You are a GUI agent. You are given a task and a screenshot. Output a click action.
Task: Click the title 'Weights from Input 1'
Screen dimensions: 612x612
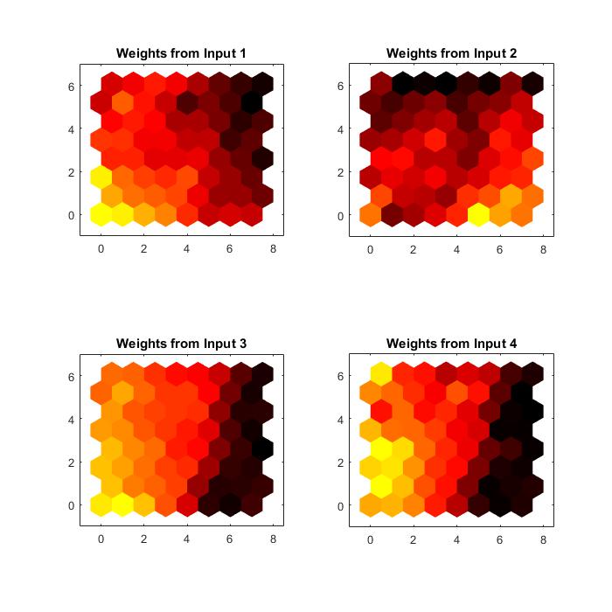(x=181, y=54)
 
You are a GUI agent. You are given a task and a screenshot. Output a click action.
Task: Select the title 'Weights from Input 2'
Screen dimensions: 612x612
(x=451, y=54)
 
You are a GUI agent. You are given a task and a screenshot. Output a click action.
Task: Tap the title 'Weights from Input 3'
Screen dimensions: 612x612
(x=181, y=344)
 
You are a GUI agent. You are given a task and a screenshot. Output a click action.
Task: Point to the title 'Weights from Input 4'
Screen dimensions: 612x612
(x=451, y=344)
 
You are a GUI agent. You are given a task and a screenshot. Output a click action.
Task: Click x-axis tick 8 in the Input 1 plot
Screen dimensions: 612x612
(x=273, y=249)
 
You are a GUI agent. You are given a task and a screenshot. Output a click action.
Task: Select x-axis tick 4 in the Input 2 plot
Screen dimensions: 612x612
(x=457, y=249)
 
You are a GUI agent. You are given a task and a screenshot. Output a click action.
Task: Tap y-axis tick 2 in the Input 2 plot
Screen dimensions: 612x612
(x=339, y=172)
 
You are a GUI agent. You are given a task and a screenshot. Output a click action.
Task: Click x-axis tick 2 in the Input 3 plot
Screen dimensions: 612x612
(x=143, y=539)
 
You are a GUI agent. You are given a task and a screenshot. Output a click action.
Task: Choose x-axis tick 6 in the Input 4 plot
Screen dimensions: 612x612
(x=500, y=539)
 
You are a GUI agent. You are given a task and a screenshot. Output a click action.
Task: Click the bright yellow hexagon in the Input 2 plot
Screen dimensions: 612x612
(x=478, y=214)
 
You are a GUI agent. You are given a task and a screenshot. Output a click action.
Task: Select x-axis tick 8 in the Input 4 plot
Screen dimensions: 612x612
(x=543, y=539)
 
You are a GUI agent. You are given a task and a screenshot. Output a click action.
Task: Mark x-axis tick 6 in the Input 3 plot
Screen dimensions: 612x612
(x=230, y=539)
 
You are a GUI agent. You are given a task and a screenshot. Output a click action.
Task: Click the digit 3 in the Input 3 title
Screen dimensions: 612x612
(x=242, y=344)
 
